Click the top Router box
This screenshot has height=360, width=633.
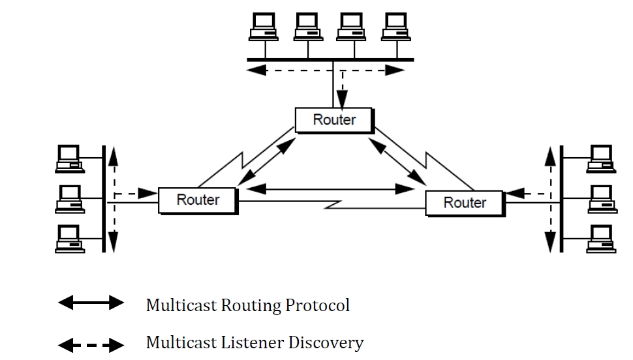pos(334,120)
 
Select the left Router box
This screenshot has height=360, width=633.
pos(198,200)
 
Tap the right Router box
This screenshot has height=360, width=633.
pos(464,202)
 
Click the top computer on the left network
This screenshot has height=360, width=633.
pos(69,158)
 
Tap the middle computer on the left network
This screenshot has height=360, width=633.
pos(69,198)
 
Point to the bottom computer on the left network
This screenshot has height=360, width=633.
pos(69,238)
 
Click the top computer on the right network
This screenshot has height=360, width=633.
pos(601,158)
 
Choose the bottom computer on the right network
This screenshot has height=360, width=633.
pos(601,238)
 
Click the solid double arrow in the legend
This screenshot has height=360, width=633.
pos(91,303)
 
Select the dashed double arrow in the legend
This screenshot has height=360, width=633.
pos(91,344)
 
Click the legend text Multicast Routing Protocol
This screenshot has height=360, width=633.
pos(247,305)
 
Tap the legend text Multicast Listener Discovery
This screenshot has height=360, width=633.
pos(255,343)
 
